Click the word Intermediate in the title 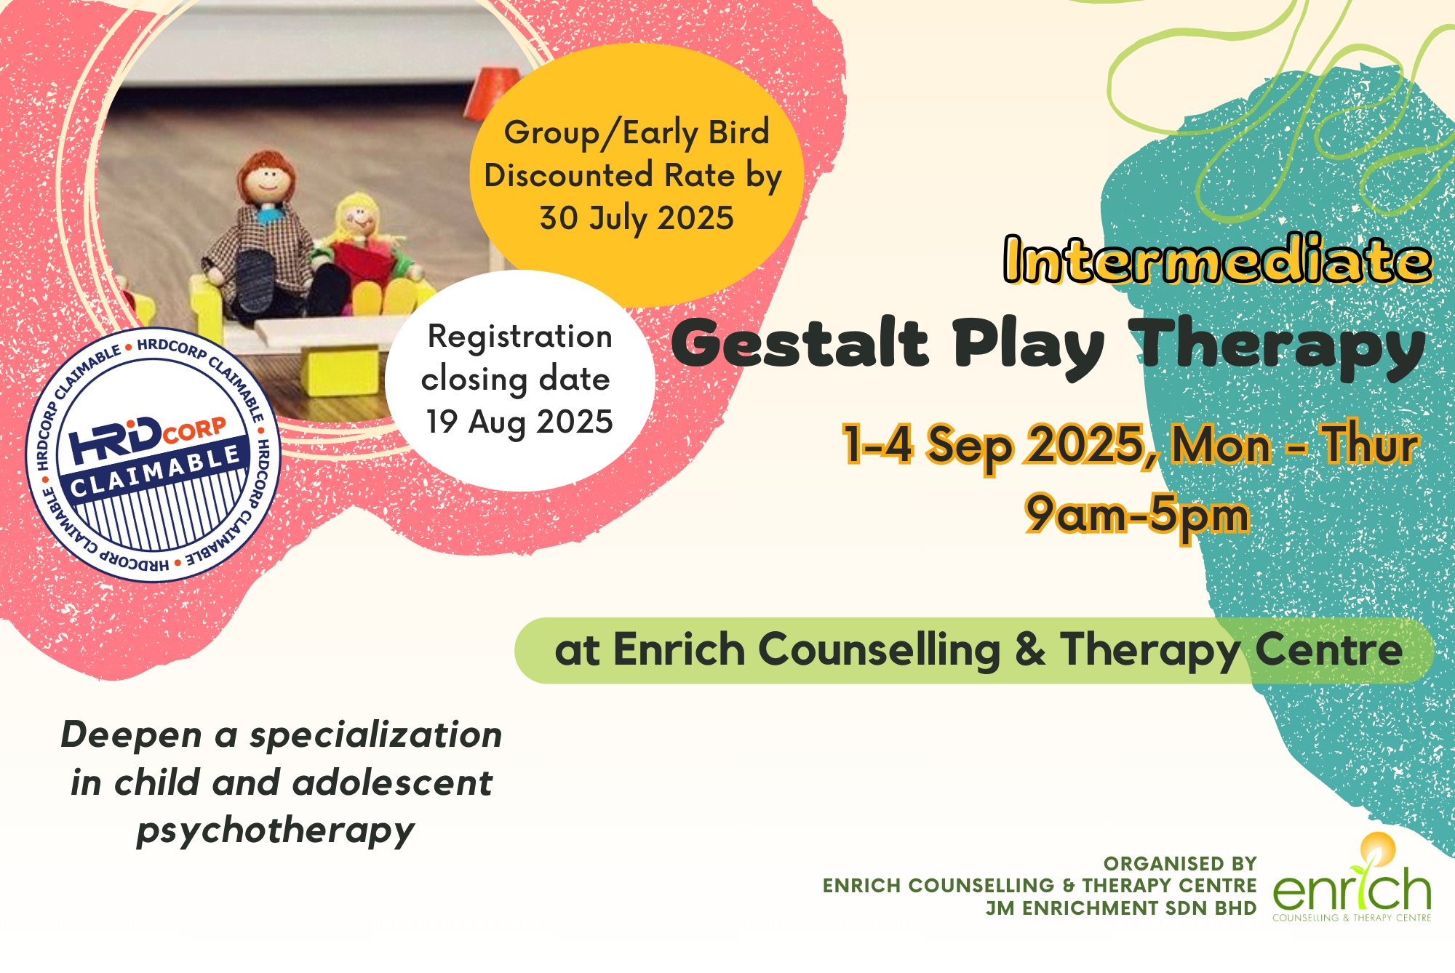[x=1218, y=259]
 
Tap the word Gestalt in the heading [x=800, y=343]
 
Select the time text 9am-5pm [x=1137, y=515]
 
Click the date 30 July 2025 [x=637, y=218]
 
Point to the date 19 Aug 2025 [x=519, y=422]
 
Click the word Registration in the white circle [x=519, y=337]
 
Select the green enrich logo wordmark [x=1352, y=889]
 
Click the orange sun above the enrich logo [x=1378, y=846]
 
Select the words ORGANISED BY [x=1180, y=863]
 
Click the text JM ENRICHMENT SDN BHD [x=1121, y=908]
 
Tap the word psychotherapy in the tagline [x=276, y=831]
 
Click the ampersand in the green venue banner [x=1030, y=649]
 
